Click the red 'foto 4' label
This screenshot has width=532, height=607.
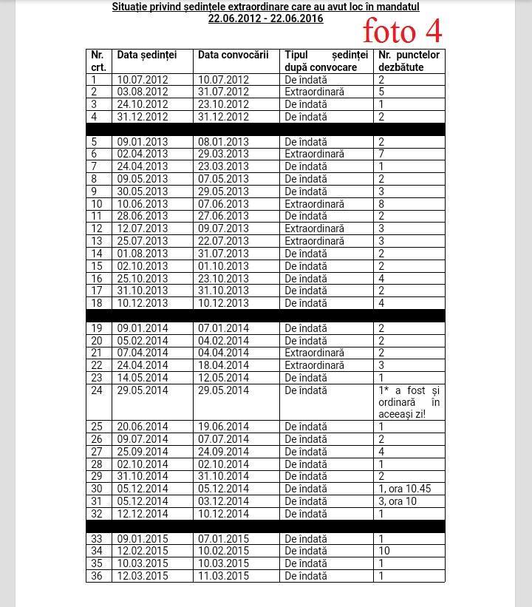click(x=402, y=30)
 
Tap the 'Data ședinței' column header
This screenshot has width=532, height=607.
click(x=147, y=55)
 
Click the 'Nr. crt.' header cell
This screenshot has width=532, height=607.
click(x=98, y=61)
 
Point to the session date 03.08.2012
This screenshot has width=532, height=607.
click(x=143, y=92)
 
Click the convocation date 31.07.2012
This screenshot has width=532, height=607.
click(x=223, y=92)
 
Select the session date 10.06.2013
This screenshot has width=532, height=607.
click(x=143, y=204)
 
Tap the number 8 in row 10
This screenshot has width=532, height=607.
click(x=381, y=204)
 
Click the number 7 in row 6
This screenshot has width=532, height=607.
click(x=381, y=154)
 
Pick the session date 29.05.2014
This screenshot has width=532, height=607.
click(x=143, y=390)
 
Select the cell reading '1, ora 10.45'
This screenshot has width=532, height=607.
click(x=404, y=489)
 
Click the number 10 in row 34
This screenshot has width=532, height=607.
click(x=384, y=551)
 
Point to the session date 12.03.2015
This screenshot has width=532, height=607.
click(x=143, y=576)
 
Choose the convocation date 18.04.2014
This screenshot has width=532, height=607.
click(x=223, y=365)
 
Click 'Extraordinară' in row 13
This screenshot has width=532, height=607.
click(x=314, y=241)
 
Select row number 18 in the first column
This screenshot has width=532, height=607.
click(x=97, y=303)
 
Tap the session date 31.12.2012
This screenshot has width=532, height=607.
click(x=143, y=117)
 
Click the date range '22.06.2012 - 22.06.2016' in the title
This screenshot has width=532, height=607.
click(x=265, y=18)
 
